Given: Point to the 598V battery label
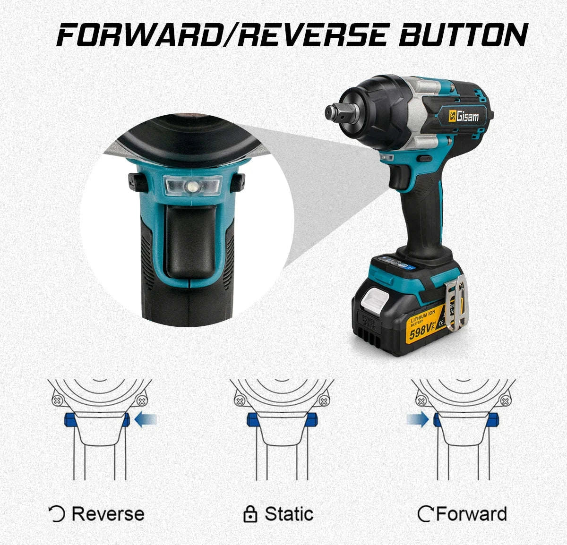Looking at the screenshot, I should [422, 333].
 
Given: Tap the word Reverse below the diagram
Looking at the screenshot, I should [108, 514].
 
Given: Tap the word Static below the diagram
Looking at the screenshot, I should [289, 514].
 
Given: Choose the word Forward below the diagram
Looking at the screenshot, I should [471, 514].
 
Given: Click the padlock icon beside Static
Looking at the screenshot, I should [250, 514].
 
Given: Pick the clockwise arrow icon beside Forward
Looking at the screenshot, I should [425, 514].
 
